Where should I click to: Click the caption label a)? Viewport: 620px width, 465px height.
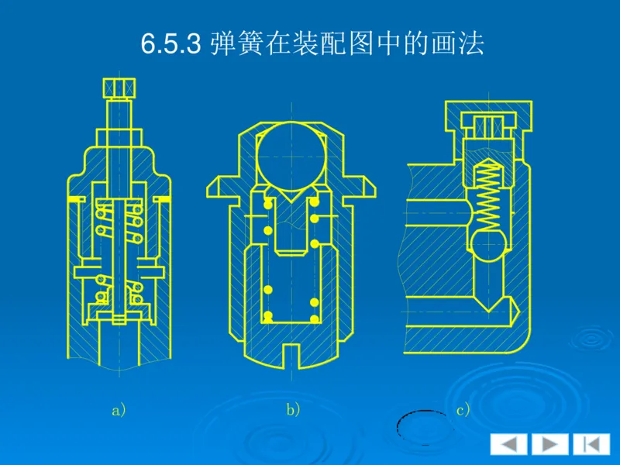(x=119, y=411)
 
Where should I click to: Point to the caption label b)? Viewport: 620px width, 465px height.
(x=293, y=411)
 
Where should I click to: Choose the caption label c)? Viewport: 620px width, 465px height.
(x=463, y=411)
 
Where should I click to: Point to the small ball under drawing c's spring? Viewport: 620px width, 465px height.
(x=486, y=246)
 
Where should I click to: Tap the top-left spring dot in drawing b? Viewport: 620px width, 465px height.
(x=267, y=204)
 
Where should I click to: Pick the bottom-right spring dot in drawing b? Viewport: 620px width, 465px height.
(x=314, y=318)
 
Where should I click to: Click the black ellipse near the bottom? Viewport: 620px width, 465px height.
(x=422, y=427)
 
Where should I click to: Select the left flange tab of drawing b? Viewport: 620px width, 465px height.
(x=219, y=187)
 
